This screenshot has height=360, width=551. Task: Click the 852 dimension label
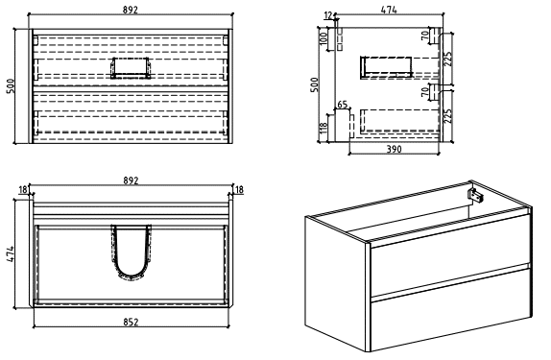coord(132,322)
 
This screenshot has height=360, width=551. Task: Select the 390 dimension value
coord(394,150)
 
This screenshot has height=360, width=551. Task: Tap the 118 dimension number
coord(323,129)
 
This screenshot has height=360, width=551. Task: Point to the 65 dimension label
coord(343,105)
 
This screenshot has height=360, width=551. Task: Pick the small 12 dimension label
coord(328,15)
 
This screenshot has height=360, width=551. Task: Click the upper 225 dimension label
coord(447,59)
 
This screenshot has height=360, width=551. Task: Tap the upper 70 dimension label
coord(425,36)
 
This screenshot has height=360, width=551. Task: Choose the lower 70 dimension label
coord(425,92)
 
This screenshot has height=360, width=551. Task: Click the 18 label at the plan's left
coord(23,190)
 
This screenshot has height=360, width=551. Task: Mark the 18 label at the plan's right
coord(239,190)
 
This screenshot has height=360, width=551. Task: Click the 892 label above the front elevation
coord(131,10)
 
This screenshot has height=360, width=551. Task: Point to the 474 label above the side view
coord(389,10)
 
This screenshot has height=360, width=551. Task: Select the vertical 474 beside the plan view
coord(11,253)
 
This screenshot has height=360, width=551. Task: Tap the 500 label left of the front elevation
coord(11,86)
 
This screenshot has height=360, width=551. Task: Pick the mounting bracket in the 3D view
coord(475,196)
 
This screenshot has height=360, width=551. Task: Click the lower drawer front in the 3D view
coord(451,309)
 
